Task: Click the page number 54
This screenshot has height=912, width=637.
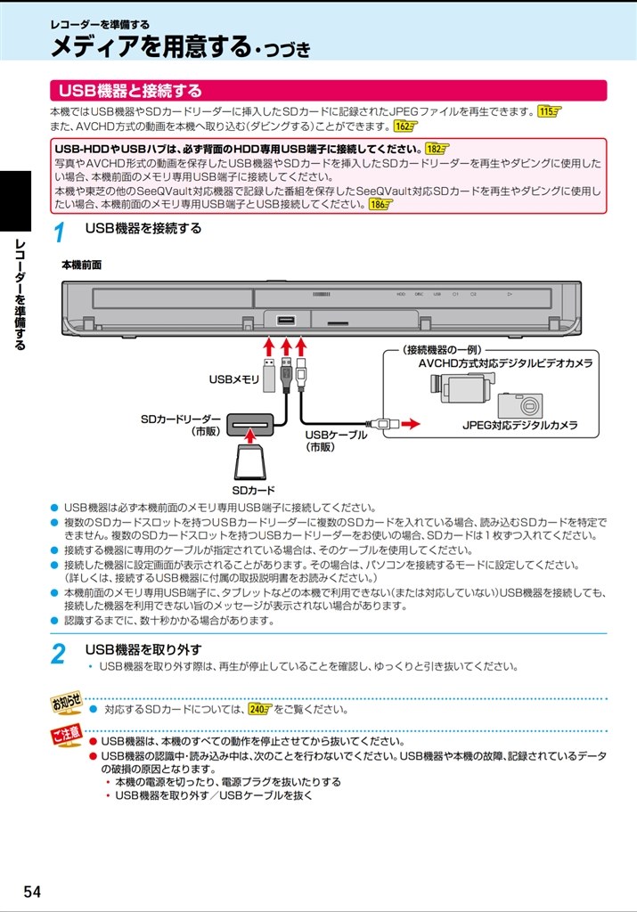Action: pyautogui.click(x=32, y=892)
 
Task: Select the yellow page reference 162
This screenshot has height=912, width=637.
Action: pyautogui.click(x=405, y=126)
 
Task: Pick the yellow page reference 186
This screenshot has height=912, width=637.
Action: pyautogui.click(x=379, y=204)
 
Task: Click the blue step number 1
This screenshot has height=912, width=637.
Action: pyautogui.click(x=59, y=234)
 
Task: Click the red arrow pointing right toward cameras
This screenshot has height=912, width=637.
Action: pyautogui.click(x=409, y=424)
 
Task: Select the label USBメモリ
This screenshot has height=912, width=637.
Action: pyautogui.click(x=234, y=379)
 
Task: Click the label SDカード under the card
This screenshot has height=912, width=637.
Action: pyautogui.click(x=254, y=491)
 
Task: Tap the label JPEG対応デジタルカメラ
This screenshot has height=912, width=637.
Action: pyautogui.click(x=519, y=426)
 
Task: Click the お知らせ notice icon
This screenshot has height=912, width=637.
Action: pyautogui.click(x=66, y=703)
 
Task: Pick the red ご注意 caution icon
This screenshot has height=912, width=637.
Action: pyautogui.click(x=66, y=737)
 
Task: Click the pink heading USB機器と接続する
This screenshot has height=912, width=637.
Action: pyautogui.click(x=130, y=91)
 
